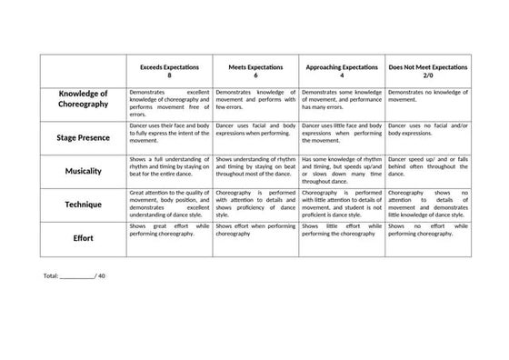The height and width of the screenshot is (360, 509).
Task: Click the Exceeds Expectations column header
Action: [169, 68]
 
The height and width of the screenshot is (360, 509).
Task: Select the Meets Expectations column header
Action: [255, 68]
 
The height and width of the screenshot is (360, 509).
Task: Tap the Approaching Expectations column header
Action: [341, 68]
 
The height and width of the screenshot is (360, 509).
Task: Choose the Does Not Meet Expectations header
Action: [427, 68]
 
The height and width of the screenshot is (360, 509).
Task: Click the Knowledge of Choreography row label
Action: [83, 99]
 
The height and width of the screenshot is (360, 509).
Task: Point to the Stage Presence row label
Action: [83, 137]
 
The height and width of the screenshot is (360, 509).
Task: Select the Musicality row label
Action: [83, 171]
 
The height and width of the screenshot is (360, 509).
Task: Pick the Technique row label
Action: [83, 205]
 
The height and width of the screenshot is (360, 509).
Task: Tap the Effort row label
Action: [83, 238]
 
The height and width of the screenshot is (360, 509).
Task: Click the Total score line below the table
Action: [75, 275]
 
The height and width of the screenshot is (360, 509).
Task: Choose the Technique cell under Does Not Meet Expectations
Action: [427, 205]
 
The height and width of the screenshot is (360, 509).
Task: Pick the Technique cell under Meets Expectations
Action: [255, 205]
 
